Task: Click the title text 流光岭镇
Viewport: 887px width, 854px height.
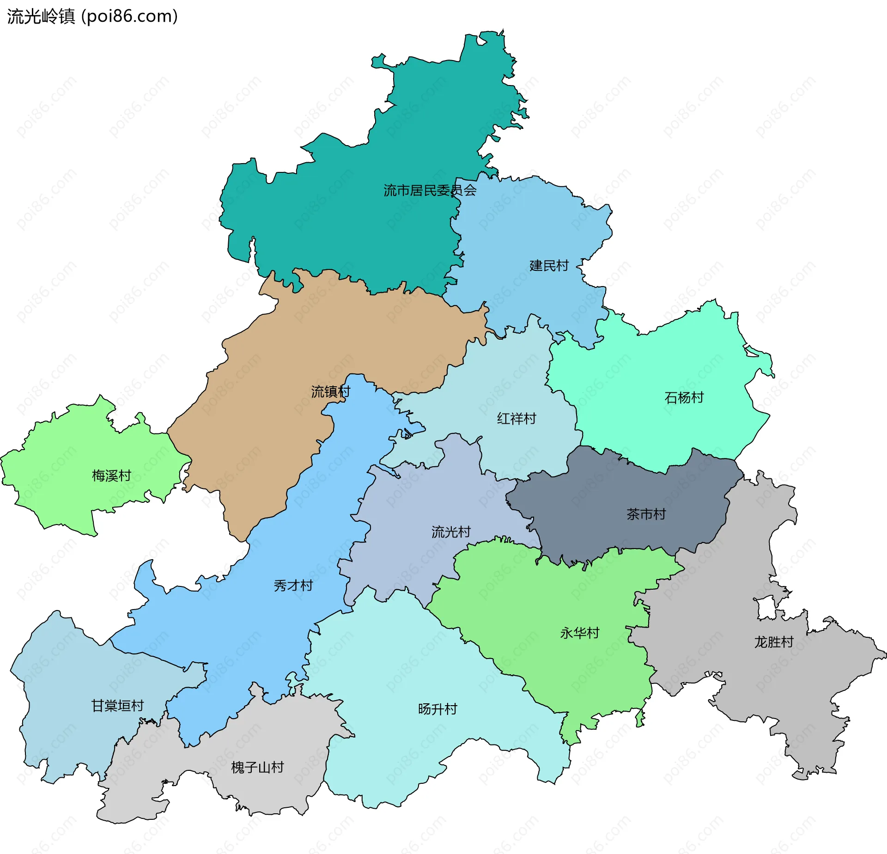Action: pyautogui.click(x=41, y=17)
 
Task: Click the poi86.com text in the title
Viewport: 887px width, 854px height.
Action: pyautogui.click(x=129, y=17)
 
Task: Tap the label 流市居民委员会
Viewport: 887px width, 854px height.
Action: pyautogui.click(x=430, y=190)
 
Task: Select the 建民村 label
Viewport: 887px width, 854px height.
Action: pyautogui.click(x=549, y=266)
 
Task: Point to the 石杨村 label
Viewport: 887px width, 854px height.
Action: pyautogui.click(x=684, y=397)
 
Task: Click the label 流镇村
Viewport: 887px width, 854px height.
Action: pyautogui.click(x=330, y=392)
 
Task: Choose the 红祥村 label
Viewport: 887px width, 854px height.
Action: pyautogui.click(x=516, y=419)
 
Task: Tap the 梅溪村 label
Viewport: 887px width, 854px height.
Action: pyautogui.click(x=111, y=476)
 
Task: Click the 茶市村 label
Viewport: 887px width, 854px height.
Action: pyautogui.click(x=646, y=514)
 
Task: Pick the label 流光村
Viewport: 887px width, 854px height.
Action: pyautogui.click(x=451, y=532)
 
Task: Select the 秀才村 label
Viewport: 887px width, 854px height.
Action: pyautogui.click(x=293, y=586)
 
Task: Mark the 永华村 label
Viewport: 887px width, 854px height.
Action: pyautogui.click(x=580, y=633)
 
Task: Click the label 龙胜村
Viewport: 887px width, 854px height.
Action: pyautogui.click(x=774, y=642)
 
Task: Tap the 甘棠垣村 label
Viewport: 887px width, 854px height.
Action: pyautogui.click(x=117, y=706)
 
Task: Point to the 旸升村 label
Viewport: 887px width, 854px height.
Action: pyautogui.click(x=437, y=709)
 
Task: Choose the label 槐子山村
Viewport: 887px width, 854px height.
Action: pyautogui.click(x=257, y=768)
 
